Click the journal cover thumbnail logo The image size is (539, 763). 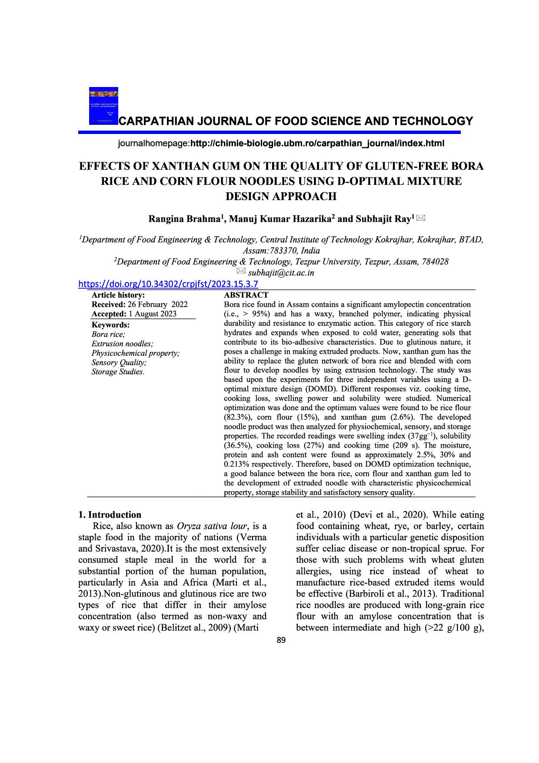[103, 106]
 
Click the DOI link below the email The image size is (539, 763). [168, 284]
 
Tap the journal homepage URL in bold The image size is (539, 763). [317, 143]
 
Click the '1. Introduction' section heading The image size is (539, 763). [110, 515]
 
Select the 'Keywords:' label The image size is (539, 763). [110, 325]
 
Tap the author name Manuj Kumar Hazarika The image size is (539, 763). [281, 219]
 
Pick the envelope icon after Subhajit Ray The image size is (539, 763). [420, 218]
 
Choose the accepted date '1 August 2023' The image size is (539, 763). [153, 314]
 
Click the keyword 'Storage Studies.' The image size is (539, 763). [118, 372]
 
